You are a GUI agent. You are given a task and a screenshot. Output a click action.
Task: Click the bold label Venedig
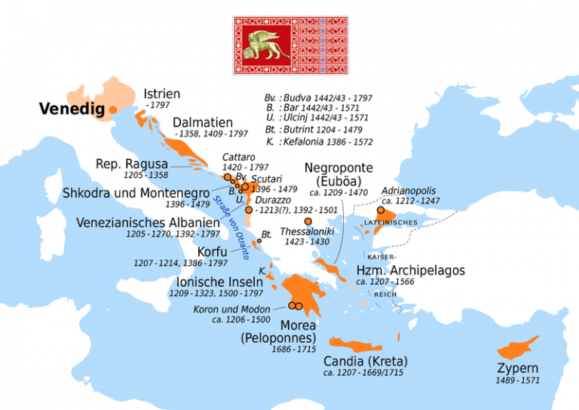[72, 110]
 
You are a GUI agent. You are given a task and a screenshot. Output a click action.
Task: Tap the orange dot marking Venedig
[113, 110]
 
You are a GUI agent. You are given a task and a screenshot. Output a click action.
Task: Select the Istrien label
[161, 94]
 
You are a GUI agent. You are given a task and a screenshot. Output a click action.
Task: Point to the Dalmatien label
[203, 123]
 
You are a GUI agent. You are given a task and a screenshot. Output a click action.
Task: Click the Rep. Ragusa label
[131, 164]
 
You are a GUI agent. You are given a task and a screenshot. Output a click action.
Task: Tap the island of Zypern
[519, 347]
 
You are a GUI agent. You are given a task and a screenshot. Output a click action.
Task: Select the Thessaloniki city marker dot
[308, 222]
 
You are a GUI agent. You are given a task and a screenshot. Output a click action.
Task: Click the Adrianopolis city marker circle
[381, 212]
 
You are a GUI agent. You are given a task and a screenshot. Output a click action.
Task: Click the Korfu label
[213, 251]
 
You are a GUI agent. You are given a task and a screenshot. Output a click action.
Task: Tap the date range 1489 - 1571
[517, 381]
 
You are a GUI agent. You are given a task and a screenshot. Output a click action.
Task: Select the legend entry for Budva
[317, 98]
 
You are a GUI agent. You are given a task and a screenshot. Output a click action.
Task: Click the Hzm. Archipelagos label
[410, 271]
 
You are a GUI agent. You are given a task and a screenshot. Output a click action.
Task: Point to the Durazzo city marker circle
[249, 210]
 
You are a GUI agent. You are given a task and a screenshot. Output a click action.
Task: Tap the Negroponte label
[339, 167]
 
